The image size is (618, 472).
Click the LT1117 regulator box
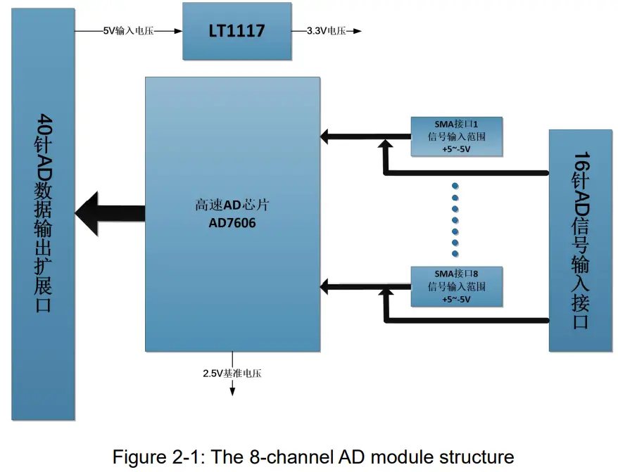(237, 32)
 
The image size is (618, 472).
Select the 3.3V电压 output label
(326, 31)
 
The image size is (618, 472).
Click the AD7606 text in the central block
(232, 223)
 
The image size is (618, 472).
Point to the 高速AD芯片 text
(232, 206)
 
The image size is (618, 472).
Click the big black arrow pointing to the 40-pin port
(106, 210)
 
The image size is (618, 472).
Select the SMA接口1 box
(456, 136)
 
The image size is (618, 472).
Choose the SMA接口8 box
(456, 286)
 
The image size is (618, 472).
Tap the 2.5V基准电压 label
(232, 373)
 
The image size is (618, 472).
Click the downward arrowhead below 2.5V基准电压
(232, 392)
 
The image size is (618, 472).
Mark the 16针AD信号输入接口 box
(580, 240)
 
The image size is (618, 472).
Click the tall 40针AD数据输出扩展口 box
(43, 215)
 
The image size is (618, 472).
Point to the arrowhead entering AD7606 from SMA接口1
(325, 135)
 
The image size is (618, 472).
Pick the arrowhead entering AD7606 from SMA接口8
(325, 286)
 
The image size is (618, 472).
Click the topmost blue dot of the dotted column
(455, 186)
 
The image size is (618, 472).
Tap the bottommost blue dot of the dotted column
(455, 252)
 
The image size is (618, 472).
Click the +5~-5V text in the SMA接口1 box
(456, 149)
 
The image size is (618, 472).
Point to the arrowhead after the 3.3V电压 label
(358, 31)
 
